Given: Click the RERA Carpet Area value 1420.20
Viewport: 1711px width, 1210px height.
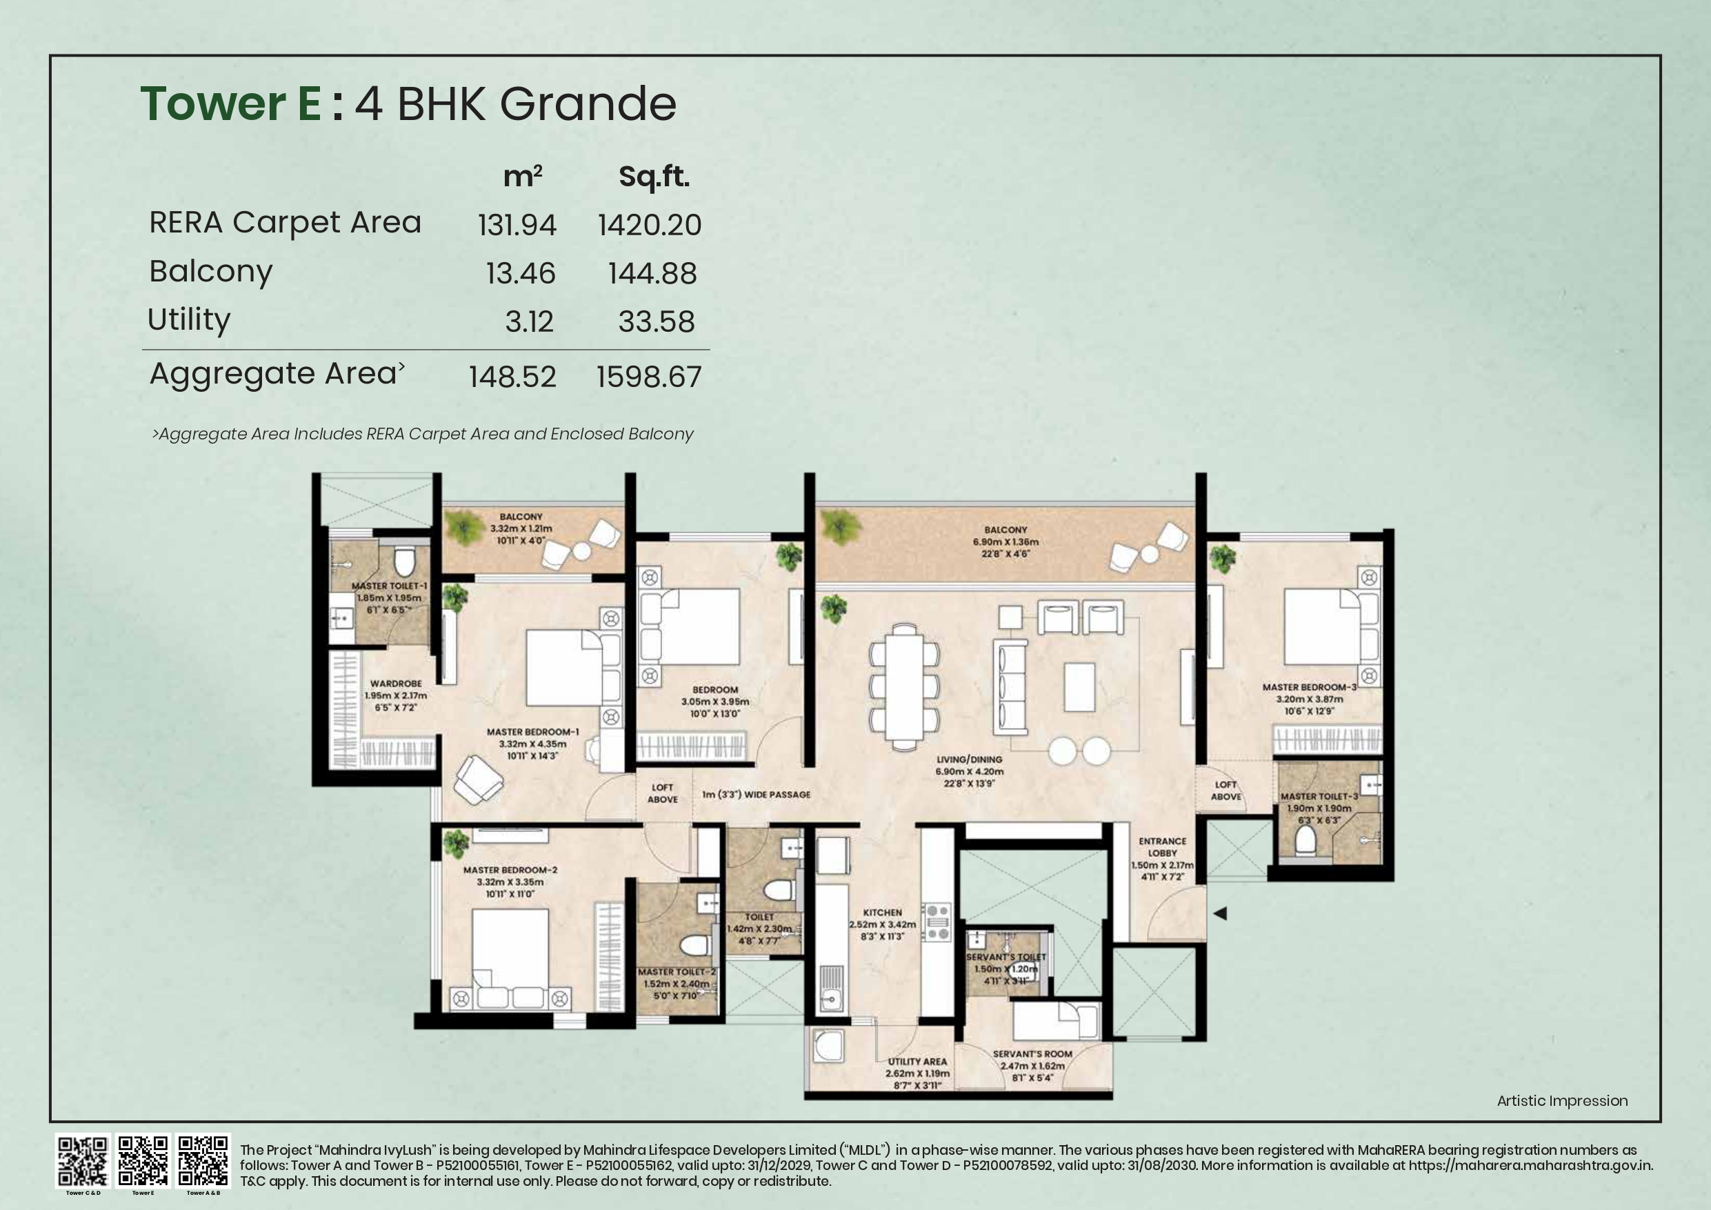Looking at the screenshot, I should pos(649,225).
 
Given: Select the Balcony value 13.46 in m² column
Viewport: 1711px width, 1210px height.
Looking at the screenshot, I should pos(520,274).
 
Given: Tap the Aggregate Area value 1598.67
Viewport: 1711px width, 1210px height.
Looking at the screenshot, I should pos(648,377).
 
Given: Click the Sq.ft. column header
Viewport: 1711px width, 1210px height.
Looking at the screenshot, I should pos(654,177).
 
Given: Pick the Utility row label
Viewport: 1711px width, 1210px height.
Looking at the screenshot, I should pos(189,320).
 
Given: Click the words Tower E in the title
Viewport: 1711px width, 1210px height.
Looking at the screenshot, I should pos(231,103).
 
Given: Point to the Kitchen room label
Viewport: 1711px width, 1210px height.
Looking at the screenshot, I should pos(882,913).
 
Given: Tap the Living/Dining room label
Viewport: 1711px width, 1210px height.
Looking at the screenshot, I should pos(969,760).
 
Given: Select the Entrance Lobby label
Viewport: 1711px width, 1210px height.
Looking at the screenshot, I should pos(1162,847).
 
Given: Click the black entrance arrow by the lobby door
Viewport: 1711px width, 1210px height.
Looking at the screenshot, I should pos(1219,913).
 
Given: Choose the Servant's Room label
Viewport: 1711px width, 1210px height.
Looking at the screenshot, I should pos(1032,1054).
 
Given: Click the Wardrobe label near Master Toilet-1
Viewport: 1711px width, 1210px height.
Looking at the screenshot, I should pos(396,684).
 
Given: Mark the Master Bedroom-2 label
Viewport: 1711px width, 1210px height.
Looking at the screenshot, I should pos(510,870).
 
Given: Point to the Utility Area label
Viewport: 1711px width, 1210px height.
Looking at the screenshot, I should pos(917,1062).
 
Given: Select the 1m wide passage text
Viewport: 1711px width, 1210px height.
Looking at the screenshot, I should pos(756,795).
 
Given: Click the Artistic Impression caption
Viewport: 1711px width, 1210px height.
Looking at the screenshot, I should pos(1562,1100).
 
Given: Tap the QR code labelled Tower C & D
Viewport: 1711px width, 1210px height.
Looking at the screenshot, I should pos(83,1161).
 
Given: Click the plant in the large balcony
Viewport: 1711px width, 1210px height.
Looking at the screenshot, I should pos(841,527).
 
